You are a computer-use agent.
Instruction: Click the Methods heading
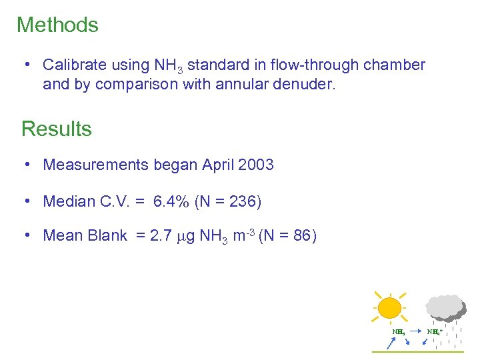click(57, 25)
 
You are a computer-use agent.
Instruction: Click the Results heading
click(57, 128)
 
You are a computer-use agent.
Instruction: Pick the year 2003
click(255, 165)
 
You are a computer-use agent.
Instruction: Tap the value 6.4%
click(171, 201)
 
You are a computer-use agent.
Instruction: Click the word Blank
click(107, 235)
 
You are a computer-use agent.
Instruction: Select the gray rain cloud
click(446, 307)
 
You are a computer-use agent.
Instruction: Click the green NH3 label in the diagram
click(398, 331)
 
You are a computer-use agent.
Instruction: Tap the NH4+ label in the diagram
click(435, 331)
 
